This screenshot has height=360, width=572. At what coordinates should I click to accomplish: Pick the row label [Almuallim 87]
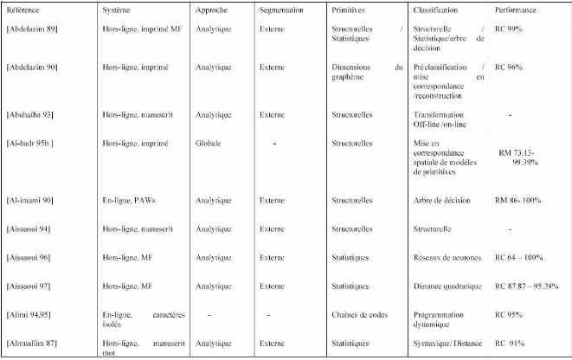point(32,344)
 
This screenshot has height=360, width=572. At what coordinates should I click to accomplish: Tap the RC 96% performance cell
point(509,67)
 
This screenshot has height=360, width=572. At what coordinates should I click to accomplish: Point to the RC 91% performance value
point(509,344)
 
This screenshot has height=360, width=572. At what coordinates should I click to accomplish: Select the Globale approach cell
point(209,142)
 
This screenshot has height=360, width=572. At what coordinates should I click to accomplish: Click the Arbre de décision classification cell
point(441,200)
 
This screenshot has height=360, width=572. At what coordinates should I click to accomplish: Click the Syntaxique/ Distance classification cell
point(449,344)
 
